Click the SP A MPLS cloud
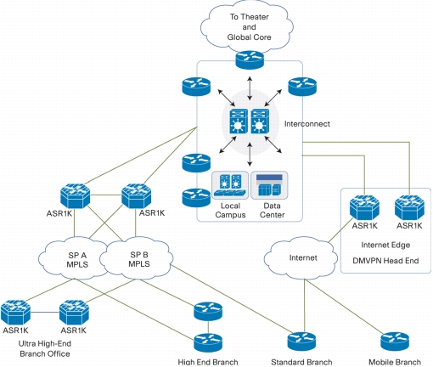[74, 258]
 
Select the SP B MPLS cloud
[137, 258]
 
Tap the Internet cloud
[301, 257]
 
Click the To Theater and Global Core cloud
[247, 28]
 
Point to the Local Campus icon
[230, 184]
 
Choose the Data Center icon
[269, 184]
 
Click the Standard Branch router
[301, 341]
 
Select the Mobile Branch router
[395, 341]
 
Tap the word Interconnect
[307, 124]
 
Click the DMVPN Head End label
[385, 261]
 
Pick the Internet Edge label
[385, 245]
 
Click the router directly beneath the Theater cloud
[250, 59]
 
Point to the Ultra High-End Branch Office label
[45, 348]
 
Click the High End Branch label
[208, 362]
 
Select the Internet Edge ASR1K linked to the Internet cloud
[364, 207]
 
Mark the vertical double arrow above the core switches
[250, 88]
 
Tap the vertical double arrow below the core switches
[250, 155]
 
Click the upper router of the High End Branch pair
[208, 311]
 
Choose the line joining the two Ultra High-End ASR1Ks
[45, 313]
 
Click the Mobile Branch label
[395, 362]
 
